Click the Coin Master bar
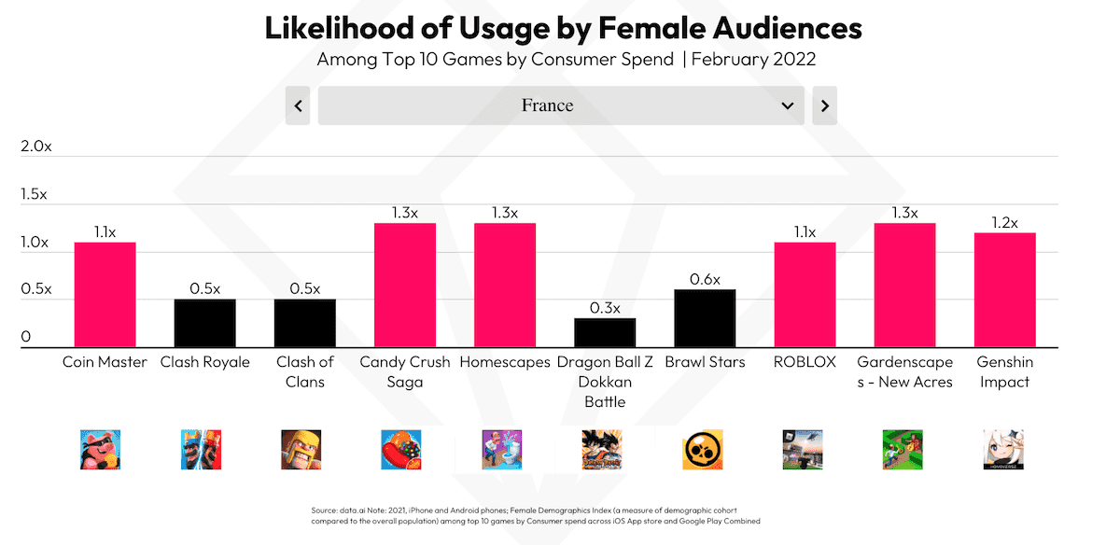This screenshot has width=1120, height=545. (x=105, y=294)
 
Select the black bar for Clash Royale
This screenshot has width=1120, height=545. (x=204, y=323)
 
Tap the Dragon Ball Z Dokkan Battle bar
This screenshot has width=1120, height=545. (x=605, y=332)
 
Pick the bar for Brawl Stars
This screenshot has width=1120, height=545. (x=705, y=318)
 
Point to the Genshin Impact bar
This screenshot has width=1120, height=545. (x=1004, y=289)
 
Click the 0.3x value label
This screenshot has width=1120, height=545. (x=605, y=307)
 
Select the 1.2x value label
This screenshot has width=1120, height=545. (x=1004, y=222)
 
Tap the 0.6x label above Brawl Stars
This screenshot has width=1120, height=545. (x=705, y=278)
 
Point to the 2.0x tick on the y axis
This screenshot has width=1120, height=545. (x=35, y=147)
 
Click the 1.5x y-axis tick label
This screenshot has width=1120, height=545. (x=35, y=194)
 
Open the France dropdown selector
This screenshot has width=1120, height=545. (x=560, y=105)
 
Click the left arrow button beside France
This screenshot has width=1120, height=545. (x=298, y=105)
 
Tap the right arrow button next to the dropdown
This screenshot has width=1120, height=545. (x=824, y=105)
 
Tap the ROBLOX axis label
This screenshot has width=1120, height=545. (x=805, y=362)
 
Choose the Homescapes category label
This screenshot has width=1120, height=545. (x=505, y=362)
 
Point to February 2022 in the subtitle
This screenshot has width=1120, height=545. (x=754, y=60)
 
